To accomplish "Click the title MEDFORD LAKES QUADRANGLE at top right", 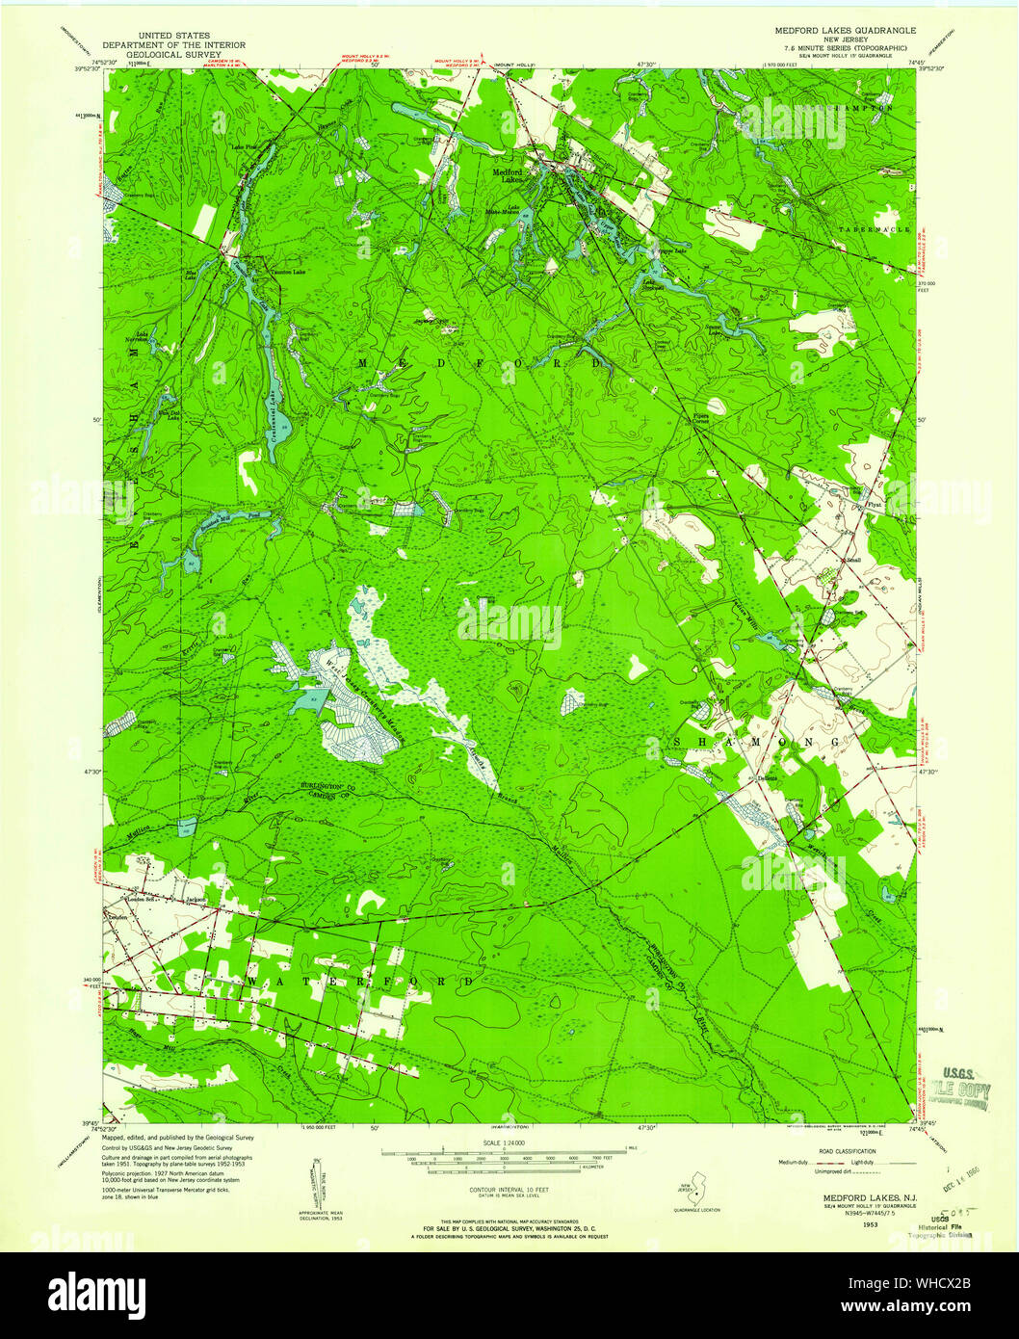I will pos(846,31).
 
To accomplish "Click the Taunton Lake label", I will pos(273,272).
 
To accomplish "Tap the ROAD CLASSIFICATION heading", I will pos(848,1151).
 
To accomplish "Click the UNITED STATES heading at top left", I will pos(174,35).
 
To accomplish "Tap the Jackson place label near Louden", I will pos(196,901).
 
